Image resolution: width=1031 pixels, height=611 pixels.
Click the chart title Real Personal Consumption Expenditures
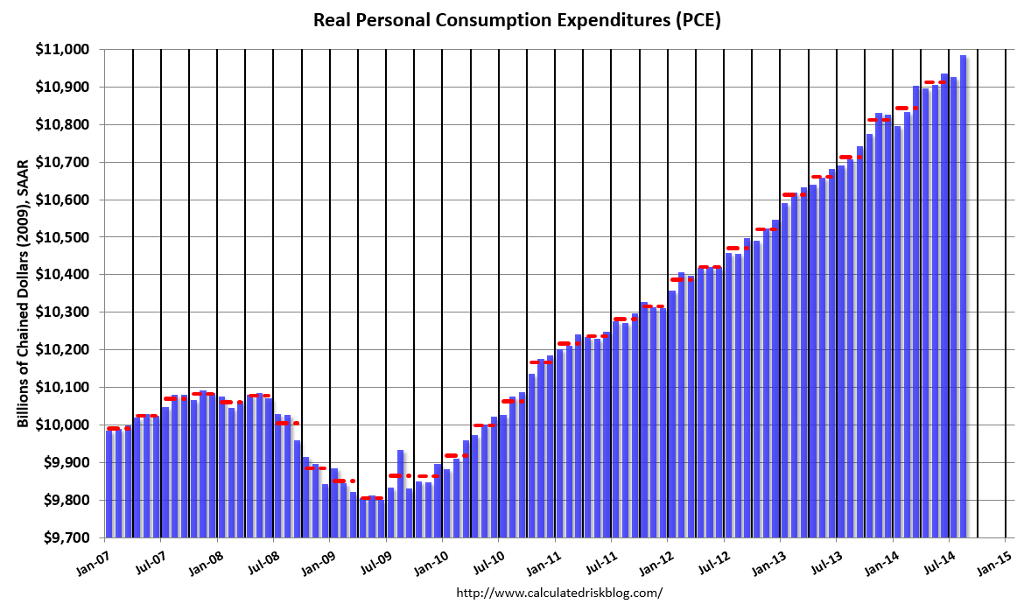coord(516,20)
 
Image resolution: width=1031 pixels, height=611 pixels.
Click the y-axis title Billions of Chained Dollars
coord(23,293)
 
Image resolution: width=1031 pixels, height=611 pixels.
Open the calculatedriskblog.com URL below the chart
coord(560,593)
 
